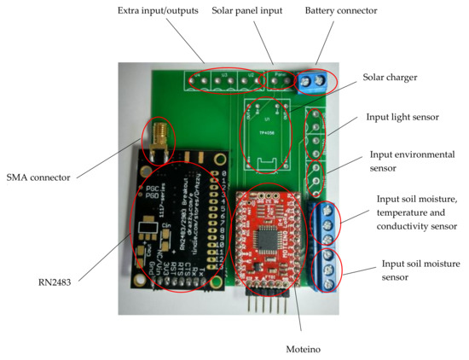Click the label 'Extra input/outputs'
(162, 10)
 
